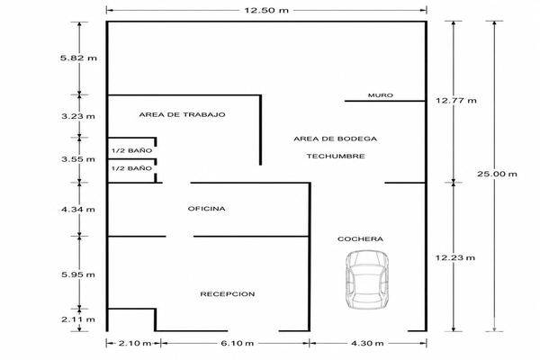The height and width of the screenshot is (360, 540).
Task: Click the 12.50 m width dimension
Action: (266, 10)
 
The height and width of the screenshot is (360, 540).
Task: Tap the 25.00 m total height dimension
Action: (497, 174)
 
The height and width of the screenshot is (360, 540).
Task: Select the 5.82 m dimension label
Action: (78, 58)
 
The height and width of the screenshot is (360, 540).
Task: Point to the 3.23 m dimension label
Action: (78, 116)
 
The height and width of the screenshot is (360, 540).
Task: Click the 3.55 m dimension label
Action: (78, 159)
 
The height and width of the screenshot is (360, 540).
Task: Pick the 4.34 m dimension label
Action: (78, 209)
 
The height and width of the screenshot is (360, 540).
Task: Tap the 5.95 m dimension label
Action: (78, 274)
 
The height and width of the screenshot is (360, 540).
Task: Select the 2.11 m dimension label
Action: (78, 319)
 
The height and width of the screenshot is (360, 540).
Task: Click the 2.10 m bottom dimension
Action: (135, 343)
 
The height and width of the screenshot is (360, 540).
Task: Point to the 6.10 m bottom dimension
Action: (237, 343)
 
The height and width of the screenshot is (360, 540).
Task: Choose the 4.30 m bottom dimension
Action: (367, 343)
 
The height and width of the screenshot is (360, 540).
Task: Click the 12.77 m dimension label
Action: (456, 101)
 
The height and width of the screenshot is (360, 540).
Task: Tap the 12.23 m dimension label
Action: (455, 257)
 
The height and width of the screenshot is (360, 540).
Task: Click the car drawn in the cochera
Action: (367, 279)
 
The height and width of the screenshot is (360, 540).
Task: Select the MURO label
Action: (381, 95)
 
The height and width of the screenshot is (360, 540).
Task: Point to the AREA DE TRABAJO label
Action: (182, 114)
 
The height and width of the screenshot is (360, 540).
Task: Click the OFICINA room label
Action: (207, 209)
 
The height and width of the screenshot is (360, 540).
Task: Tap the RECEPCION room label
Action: (228, 294)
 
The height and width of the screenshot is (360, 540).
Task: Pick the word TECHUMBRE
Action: (336, 156)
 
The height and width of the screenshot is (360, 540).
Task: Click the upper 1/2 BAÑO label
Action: (132, 150)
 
